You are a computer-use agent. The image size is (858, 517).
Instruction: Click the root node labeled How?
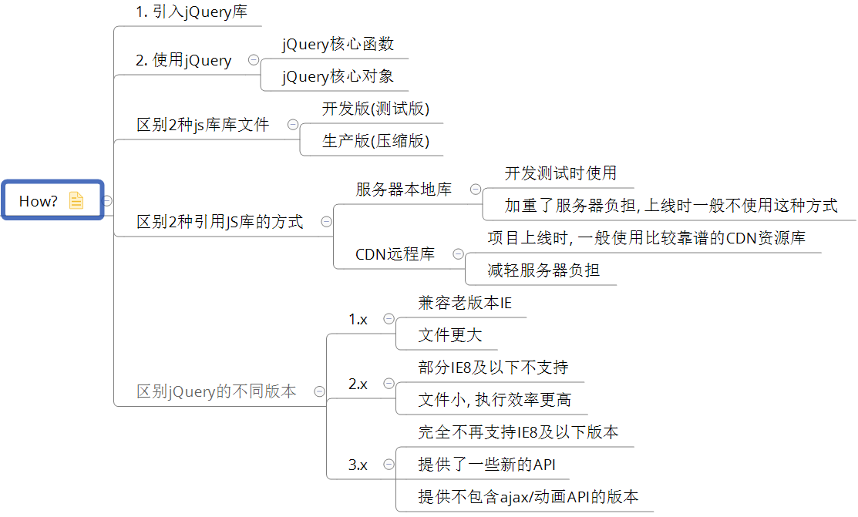pyautogui.click(x=39, y=201)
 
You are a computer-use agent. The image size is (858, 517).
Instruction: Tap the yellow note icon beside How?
pyautogui.click(x=76, y=200)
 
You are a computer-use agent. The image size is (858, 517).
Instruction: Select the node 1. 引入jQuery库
pyautogui.click(x=191, y=13)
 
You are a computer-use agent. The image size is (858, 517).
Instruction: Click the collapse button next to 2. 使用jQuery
pyautogui.click(x=253, y=60)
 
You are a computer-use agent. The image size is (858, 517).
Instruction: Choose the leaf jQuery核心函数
pyautogui.click(x=338, y=45)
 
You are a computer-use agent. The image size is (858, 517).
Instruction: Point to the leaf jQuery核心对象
pyautogui.click(x=338, y=77)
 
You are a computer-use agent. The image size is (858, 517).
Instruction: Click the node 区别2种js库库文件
pyautogui.click(x=203, y=125)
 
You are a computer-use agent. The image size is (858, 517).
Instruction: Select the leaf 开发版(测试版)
pyautogui.click(x=375, y=109)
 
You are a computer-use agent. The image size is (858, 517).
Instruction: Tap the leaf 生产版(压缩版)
pyautogui.click(x=375, y=141)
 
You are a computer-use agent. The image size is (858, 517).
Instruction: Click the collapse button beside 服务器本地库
pyautogui.click(x=476, y=189)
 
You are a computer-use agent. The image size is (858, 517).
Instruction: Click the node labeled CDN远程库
pyautogui.click(x=395, y=253)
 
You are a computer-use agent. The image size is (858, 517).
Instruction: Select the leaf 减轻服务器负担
pyautogui.click(x=543, y=270)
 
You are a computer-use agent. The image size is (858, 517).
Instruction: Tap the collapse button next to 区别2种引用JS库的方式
pyautogui.click(x=326, y=222)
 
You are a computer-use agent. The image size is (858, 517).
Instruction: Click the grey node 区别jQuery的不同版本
pyautogui.click(x=216, y=391)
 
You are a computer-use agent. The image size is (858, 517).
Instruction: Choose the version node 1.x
pyautogui.click(x=358, y=319)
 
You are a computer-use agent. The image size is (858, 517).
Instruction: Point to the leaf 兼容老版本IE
pyautogui.click(x=465, y=303)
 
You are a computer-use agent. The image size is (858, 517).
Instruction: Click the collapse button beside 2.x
pyautogui.click(x=389, y=383)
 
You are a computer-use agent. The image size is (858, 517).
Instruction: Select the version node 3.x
pyautogui.click(x=358, y=465)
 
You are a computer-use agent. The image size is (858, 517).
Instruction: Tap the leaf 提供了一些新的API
pyautogui.click(x=486, y=465)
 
